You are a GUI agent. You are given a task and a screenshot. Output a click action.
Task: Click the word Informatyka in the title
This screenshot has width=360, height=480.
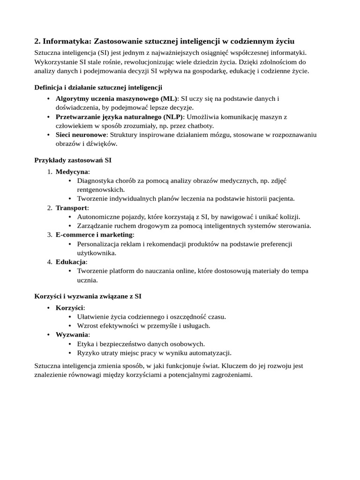click(67, 42)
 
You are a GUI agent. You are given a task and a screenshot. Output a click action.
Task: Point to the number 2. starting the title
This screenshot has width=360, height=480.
click(38, 42)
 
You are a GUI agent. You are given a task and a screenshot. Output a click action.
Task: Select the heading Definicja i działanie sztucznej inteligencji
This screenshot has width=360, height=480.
click(98, 87)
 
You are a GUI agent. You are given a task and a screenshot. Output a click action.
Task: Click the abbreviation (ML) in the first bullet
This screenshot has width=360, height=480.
click(169, 98)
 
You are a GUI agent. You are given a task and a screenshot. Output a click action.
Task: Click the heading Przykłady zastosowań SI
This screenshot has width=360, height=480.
click(73, 160)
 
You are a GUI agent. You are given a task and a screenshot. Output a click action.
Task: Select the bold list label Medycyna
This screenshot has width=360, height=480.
click(72, 172)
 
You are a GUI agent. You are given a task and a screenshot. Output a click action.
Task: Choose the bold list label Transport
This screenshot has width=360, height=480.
click(71, 208)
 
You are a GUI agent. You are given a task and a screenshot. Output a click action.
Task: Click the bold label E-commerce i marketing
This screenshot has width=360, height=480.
click(94, 235)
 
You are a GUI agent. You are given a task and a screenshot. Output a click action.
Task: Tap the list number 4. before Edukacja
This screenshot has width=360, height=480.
click(49, 262)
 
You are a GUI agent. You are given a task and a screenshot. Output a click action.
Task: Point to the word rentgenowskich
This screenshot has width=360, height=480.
click(101, 190)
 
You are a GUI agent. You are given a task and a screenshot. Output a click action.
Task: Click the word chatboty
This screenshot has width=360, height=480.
click(200, 126)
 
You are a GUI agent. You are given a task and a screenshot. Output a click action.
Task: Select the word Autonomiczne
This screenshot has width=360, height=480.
click(98, 217)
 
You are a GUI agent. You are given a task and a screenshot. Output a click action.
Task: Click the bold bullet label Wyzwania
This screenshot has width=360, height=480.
click(72, 335)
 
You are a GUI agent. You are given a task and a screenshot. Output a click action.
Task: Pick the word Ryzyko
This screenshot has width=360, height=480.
click(88, 353)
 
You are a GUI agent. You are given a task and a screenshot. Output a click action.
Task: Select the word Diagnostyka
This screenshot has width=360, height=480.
click(95, 181)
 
